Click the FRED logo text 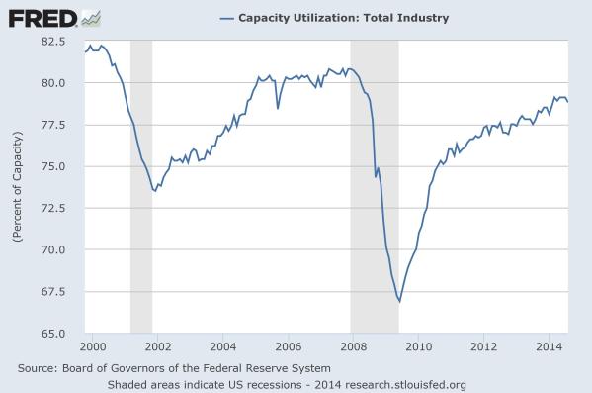pos(41,18)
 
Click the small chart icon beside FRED pos(91,17)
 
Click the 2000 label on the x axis pos(93,347)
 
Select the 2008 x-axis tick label pos(353,347)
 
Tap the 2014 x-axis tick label pos(548,347)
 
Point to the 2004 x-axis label pos(222,347)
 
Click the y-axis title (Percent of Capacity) pos(17,187)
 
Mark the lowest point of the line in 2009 pos(399,301)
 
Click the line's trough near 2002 pos(154,190)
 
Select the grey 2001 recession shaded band pos(141,187)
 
